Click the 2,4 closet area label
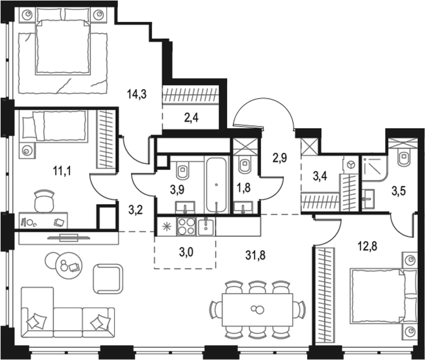coord(192,119)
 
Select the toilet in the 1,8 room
coord(244,164)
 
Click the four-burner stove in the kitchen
coord(187,227)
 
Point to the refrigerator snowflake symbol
coord(165,227)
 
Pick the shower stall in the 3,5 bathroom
coord(374,171)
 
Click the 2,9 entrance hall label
coord(279,157)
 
